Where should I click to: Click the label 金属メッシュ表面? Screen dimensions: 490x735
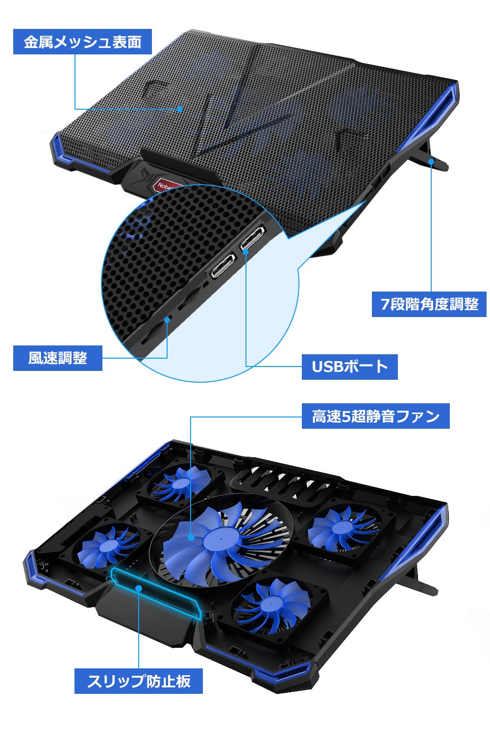[x=82, y=42]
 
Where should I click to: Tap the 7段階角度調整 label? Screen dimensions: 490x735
[x=429, y=304]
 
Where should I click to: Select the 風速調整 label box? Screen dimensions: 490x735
[x=58, y=358]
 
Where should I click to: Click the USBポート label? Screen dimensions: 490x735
[x=349, y=367]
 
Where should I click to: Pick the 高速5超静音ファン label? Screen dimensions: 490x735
[x=375, y=416]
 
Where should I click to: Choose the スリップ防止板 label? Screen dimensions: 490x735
[x=139, y=681]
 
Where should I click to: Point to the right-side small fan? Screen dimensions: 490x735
[x=343, y=528]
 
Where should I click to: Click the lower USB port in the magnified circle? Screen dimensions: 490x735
[x=223, y=265]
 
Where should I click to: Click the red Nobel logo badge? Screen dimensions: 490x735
[x=166, y=185]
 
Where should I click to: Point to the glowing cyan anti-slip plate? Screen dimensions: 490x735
[x=155, y=594]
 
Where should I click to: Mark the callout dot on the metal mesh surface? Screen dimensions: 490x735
[x=180, y=109]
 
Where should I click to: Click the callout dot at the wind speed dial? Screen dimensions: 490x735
[x=168, y=319]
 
